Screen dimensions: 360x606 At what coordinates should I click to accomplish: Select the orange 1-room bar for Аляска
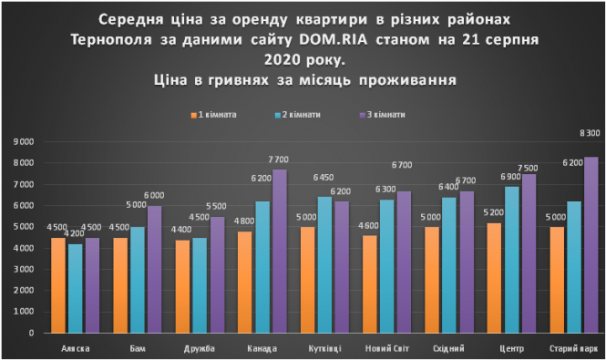58,286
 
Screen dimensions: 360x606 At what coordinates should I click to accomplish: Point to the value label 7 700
279,159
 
